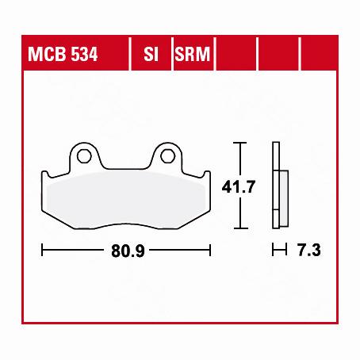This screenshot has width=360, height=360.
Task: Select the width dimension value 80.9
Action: pos(127,251)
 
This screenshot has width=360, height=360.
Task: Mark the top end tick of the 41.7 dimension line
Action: pos(242,143)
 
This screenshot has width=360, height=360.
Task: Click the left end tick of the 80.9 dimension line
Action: pos(42,251)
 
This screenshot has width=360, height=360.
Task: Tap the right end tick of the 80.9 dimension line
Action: pos(211,251)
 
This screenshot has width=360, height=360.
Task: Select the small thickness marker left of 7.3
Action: pos(277,251)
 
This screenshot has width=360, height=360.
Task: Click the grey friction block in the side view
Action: pos(281,198)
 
